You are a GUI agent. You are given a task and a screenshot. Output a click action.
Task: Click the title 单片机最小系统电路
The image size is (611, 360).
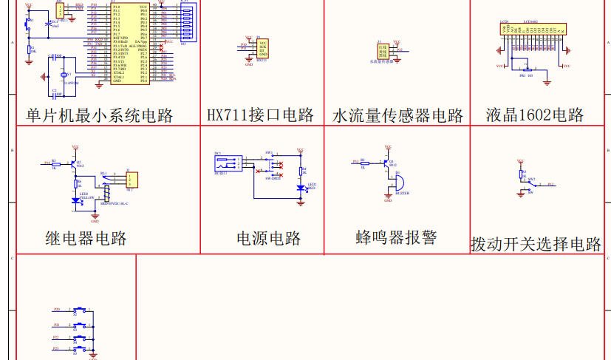[100, 115]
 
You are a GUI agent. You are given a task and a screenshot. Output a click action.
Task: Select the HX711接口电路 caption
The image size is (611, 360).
[260, 115]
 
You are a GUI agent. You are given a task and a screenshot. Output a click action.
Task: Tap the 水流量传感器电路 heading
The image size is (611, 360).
[398, 115]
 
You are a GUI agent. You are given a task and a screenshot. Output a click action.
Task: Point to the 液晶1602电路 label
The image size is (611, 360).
[535, 115]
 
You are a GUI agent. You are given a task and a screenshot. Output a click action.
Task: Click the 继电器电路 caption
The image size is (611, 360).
[86, 238]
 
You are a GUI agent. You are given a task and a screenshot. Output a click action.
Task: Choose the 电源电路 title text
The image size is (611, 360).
[269, 238]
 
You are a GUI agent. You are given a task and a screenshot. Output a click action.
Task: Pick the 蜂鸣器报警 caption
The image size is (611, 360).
[396, 237]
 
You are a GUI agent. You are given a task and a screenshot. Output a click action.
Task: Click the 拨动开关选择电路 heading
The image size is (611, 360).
[536, 244]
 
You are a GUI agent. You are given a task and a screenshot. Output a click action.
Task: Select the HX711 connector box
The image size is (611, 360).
[263, 49]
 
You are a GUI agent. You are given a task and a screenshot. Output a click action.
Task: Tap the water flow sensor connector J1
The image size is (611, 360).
[382, 50]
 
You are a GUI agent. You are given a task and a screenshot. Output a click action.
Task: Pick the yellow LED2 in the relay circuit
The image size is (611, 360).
[75, 200]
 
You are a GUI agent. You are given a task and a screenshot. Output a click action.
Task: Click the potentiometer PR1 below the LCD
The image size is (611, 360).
[522, 69]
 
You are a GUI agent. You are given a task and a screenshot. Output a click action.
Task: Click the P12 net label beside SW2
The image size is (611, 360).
[551, 183]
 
